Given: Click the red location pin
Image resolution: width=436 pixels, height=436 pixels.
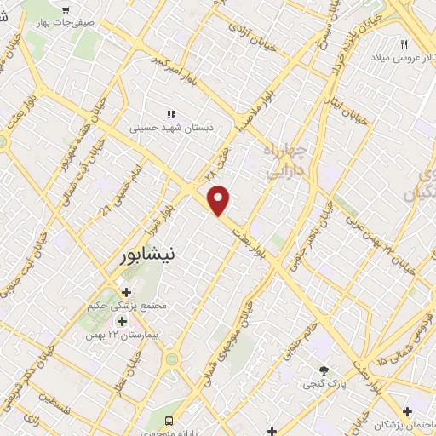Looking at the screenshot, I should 220,200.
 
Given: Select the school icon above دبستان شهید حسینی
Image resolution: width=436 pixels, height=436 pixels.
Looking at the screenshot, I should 170,113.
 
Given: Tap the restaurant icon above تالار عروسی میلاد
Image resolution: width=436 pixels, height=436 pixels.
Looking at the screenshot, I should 404,44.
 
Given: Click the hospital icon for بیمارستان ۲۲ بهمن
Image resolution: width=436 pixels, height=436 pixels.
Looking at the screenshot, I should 121,322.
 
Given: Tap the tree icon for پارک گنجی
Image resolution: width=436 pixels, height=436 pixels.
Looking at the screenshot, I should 324,370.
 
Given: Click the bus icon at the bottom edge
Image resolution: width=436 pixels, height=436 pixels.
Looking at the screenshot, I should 169,422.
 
